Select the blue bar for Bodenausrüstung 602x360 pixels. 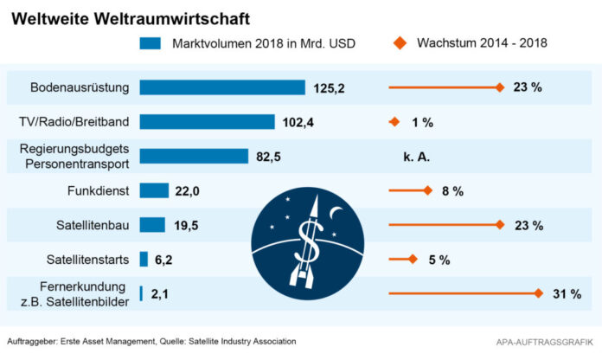pos(221,87)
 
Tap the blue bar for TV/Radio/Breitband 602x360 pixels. pos(207,122)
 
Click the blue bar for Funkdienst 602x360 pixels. pos(154,190)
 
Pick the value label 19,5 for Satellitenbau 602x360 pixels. pos(186,225)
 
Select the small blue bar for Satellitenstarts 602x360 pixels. pos(144,259)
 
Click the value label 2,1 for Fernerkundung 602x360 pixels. pos(161,294)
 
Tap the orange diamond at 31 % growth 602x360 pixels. pos(537,294)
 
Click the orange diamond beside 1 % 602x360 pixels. pos(394,122)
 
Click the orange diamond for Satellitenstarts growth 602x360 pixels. pos(412,259)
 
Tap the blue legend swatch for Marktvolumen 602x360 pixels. pos(150,42)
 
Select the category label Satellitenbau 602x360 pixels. pos(93,225)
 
